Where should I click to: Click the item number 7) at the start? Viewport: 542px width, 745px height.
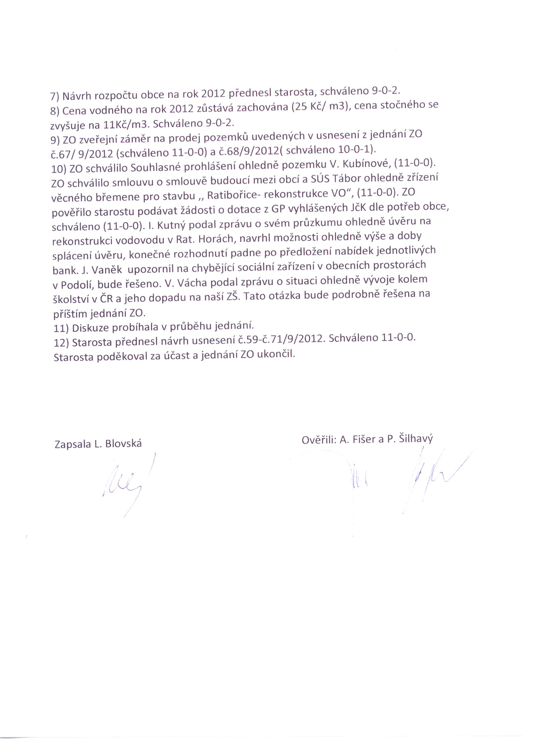click(55, 97)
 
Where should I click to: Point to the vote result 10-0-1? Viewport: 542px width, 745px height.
click(354, 150)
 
